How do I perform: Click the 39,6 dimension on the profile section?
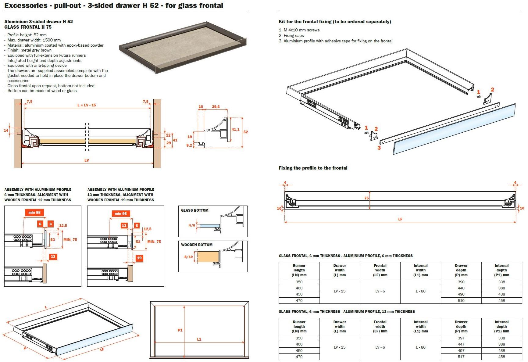(x=216, y=107)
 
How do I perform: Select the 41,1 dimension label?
(x=235, y=130)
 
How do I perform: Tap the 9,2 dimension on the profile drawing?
(x=189, y=145)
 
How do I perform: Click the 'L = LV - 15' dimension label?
(x=87, y=105)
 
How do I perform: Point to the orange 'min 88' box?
(x=34, y=213)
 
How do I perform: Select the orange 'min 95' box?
(x=121, y=214)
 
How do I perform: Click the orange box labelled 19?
(x=139, y=258)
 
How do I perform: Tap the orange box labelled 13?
(x=124, y=226)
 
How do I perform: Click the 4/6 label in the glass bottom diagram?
(x=192, y=226)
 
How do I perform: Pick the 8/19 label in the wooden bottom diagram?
(x=188, y=257)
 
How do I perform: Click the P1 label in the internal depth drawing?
(x=180, y=330)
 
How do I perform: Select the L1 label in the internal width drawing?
(x=199, y=339)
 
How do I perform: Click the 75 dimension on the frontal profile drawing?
(x=366, y=198)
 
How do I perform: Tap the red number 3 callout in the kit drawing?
(x=379, y=148)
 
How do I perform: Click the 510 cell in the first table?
(x=461, y=301)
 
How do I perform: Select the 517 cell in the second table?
(x=461, y=357)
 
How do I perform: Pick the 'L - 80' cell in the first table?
(x=420, y=291)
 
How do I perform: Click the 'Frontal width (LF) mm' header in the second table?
(x=380, y=326)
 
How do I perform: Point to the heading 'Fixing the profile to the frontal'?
(x=313, y=168)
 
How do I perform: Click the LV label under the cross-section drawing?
(x=87, y=160)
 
